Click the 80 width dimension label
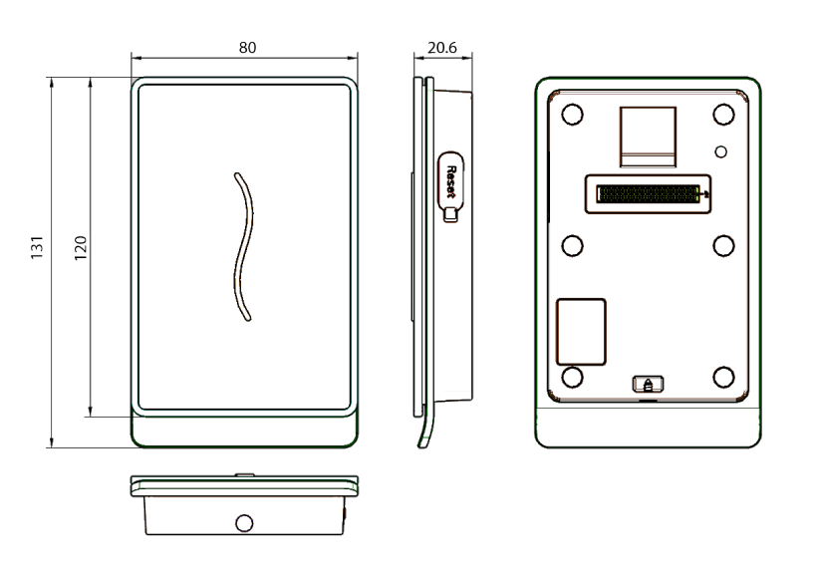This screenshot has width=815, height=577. (247, 47)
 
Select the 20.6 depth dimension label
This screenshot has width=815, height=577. (442, 47)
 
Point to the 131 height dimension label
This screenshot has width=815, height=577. (37, 247)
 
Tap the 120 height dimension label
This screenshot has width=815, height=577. (80, 248)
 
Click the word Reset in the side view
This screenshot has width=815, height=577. (451, 182)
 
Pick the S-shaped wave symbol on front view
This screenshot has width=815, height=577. (243, 247)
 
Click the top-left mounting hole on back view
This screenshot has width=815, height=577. (572, 115)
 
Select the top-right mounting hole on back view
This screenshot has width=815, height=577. (723, 115)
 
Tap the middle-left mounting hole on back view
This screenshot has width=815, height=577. (572, 246)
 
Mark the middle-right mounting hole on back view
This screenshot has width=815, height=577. (723, 246)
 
